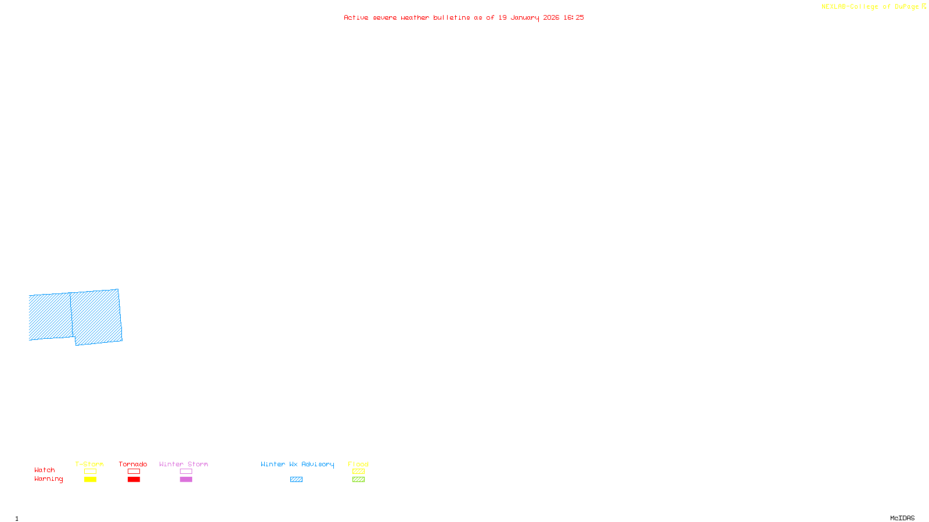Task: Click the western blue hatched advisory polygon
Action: pyautogui.click(x=51, y=317)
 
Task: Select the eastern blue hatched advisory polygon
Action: pyautogui.click(x=97, y=317)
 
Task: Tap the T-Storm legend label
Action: pyautogui.click(x=89, y=464)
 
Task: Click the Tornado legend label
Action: pyautogui.click(x=133, y=464)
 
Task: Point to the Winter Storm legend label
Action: pyautogui.click(x=183, y=464)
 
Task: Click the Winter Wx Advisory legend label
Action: pyautogui.click(x=297, y=464)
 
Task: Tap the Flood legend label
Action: pyautogui.click(x=358, y=464)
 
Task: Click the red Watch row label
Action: pyautogui.click(x=45, y=470)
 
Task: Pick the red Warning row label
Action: pyautogui.click(x=49, y=479)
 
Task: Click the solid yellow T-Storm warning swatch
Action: pyautogui.click(x=90, y=480)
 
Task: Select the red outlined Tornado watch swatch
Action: pyautogui.click(x=134, y=472)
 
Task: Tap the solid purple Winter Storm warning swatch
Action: pyautogui.click(x=186, y=480)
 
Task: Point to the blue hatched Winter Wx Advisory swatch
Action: pyautogui.click(x=296, y=480)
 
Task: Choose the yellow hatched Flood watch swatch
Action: pyautogui.click(x=358, y=472)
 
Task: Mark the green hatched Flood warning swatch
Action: pyautogui.click(x=358, y=480)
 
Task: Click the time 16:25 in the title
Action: pyautogui.click(x=574, y=17)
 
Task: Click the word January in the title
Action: pyautogui.click(x=525, y=17)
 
